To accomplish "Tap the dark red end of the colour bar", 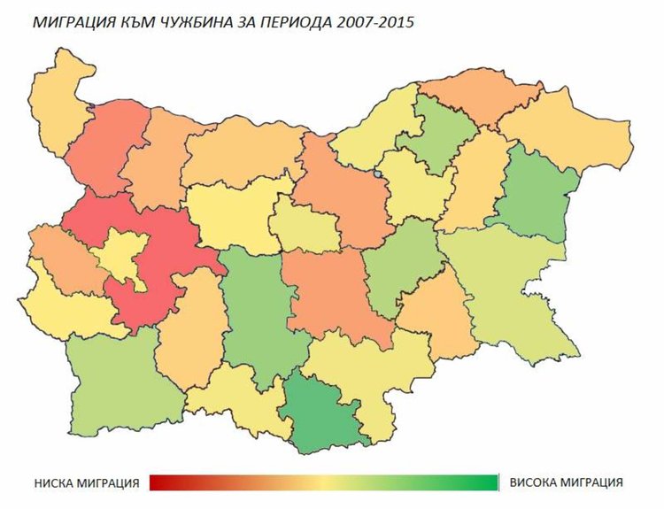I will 159,482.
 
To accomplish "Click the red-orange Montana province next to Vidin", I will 102,150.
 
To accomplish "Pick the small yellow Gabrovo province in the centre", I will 305,226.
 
